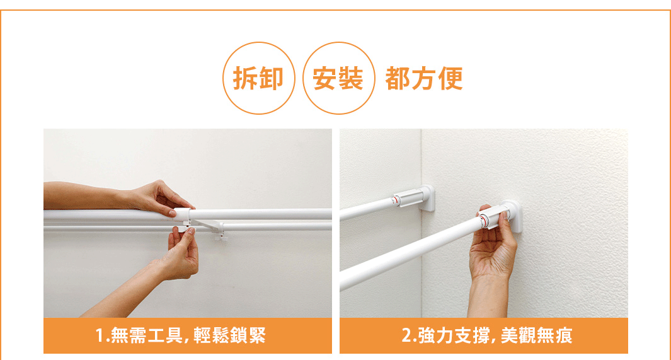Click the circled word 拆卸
pos(258,78)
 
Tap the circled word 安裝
pos(338,78)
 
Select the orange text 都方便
pos(424,78)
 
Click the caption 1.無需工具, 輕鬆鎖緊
pos(181,335)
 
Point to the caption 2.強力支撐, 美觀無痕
pos(487,335)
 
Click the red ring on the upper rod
pos(396,200)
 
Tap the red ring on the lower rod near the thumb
pos(483,222)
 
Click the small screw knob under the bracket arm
pos(221,235)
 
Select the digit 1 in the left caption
pos(100,335)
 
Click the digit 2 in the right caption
pos(406,335)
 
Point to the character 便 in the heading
pos(451,78)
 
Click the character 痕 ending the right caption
pos(564,335)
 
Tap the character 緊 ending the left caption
pos(258,335)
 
